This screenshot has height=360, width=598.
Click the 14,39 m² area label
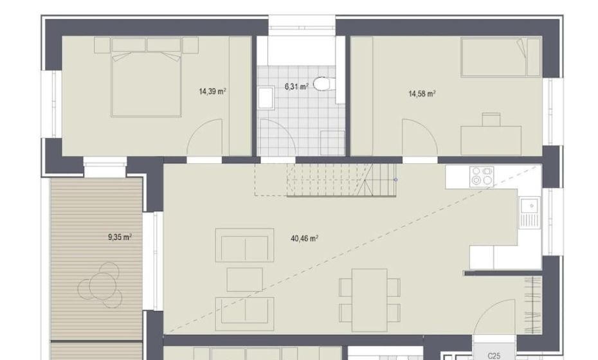[x=212, y=91]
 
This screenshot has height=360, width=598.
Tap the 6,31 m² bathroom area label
[x=296, y=87]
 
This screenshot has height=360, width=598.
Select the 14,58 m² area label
[x=422, y=94]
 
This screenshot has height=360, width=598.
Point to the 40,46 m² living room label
[x=304, y=239]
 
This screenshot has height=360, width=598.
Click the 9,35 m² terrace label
[x=120, y=237]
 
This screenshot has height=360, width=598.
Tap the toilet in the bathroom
[x=323, y=84]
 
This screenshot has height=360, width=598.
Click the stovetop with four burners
[x=482, y=177]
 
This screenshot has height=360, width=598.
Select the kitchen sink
[x=530, y=212]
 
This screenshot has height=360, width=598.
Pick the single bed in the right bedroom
[x=501, y=57]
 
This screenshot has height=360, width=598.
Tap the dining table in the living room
[x=370, y=300]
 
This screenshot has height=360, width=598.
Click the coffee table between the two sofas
[x=244, y=280]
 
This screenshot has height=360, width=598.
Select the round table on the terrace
[x=100, y=285]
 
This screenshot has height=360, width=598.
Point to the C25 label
[x=494, y=355]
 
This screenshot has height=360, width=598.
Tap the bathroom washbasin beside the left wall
[x=266, y=98]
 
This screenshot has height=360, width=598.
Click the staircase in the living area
[x=325, y=180]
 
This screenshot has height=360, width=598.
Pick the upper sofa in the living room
[x=244, y=245]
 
